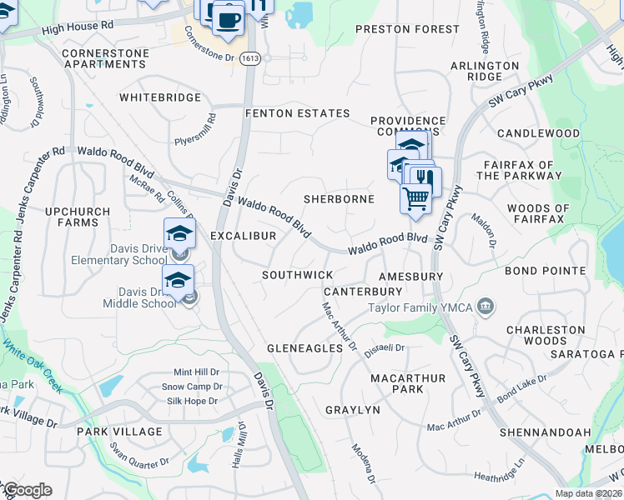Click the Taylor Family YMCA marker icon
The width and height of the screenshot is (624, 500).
tap(485, 308)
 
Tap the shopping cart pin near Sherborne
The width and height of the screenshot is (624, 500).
tap(415, 198)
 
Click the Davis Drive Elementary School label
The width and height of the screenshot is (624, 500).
tap(137, 254)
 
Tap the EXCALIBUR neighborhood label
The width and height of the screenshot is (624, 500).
tap(243, 237)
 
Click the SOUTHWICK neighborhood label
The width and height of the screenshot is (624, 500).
tap(297, 275)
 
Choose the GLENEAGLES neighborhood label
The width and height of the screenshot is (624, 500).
tap(304, 347)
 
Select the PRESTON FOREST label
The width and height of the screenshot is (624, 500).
tap(407, 29)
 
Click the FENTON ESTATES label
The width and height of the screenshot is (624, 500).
tap(296, 113)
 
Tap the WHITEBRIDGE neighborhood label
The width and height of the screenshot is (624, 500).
tap(160, 97)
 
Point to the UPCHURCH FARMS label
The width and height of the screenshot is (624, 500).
tap(83, 217)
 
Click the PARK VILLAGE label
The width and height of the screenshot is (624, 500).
tap(119, 432)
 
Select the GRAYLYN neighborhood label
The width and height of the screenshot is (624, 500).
tap(352, 410)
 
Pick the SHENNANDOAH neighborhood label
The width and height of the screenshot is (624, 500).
tap(545, 432)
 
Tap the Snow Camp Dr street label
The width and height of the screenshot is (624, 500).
tap(191, 387)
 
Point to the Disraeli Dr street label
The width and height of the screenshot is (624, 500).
tap(385, 348)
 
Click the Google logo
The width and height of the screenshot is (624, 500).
tap(27, 490)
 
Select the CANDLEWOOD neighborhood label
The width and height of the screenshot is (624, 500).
tap(538, 133)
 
